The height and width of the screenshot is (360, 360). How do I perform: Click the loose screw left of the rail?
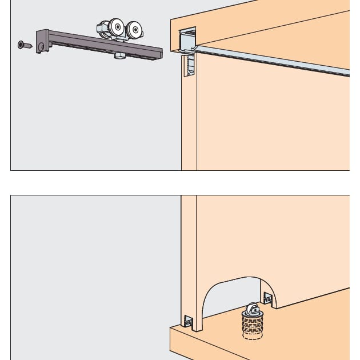[25, 45]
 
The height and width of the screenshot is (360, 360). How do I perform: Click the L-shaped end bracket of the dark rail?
[42, 41]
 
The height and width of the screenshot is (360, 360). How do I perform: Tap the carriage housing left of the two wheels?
[103, 29]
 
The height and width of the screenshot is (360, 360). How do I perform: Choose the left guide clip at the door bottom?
[190, 322]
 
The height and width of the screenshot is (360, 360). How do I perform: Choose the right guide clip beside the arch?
[267, 298]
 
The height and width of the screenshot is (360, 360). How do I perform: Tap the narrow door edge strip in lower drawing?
[189, 257]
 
